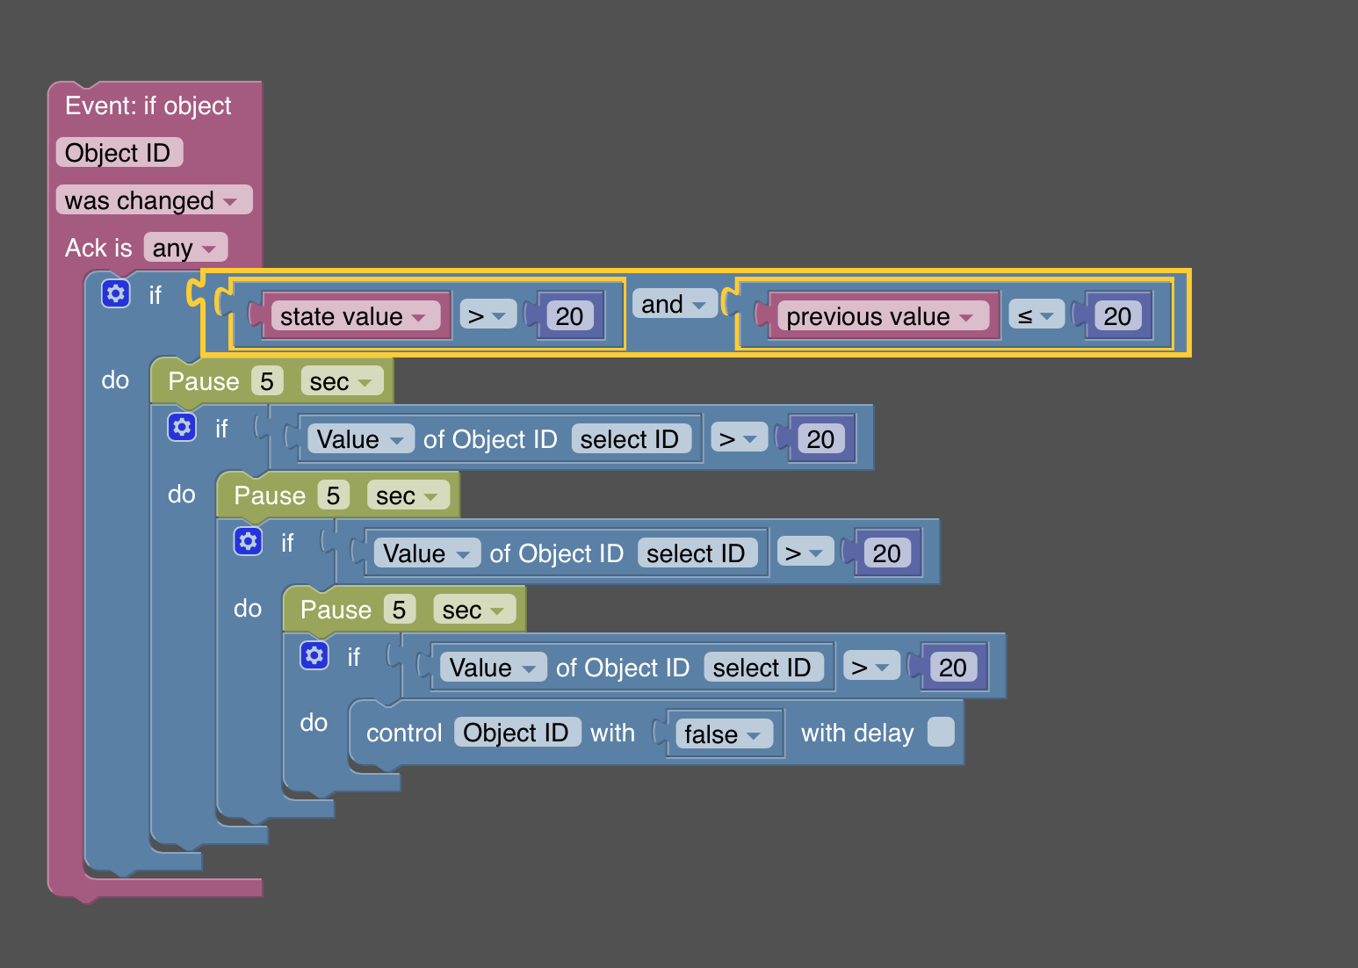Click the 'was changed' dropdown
153,200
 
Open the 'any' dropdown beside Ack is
184,249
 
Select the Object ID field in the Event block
118,153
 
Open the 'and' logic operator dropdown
673,305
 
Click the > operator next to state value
486,315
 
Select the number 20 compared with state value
569,316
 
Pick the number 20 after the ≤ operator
1117,316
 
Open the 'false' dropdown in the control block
722,733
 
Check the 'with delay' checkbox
941,732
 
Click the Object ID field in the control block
516,733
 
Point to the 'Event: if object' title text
148,106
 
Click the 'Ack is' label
98,249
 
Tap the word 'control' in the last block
404,733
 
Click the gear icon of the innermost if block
314,655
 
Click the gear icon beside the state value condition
115,293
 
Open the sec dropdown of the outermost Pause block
341,382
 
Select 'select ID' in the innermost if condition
762,668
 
